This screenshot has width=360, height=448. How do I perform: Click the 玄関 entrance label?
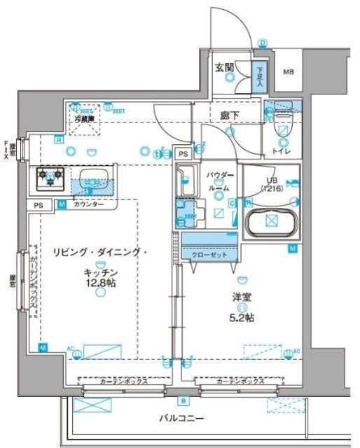tap(224, 67)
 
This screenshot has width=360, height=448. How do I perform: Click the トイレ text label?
tap(283, 150)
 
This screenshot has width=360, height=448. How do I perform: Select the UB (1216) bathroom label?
tap(271, 184)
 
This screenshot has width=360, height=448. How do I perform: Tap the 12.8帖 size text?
tap(99, 284)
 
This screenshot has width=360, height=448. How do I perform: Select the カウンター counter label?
tap(87, 204)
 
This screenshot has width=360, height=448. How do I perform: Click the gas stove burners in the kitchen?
tap(49, 178)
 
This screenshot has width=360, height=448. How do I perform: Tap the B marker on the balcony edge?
tap(183, 401)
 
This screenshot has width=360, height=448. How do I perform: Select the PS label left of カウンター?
tap(38, 205)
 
